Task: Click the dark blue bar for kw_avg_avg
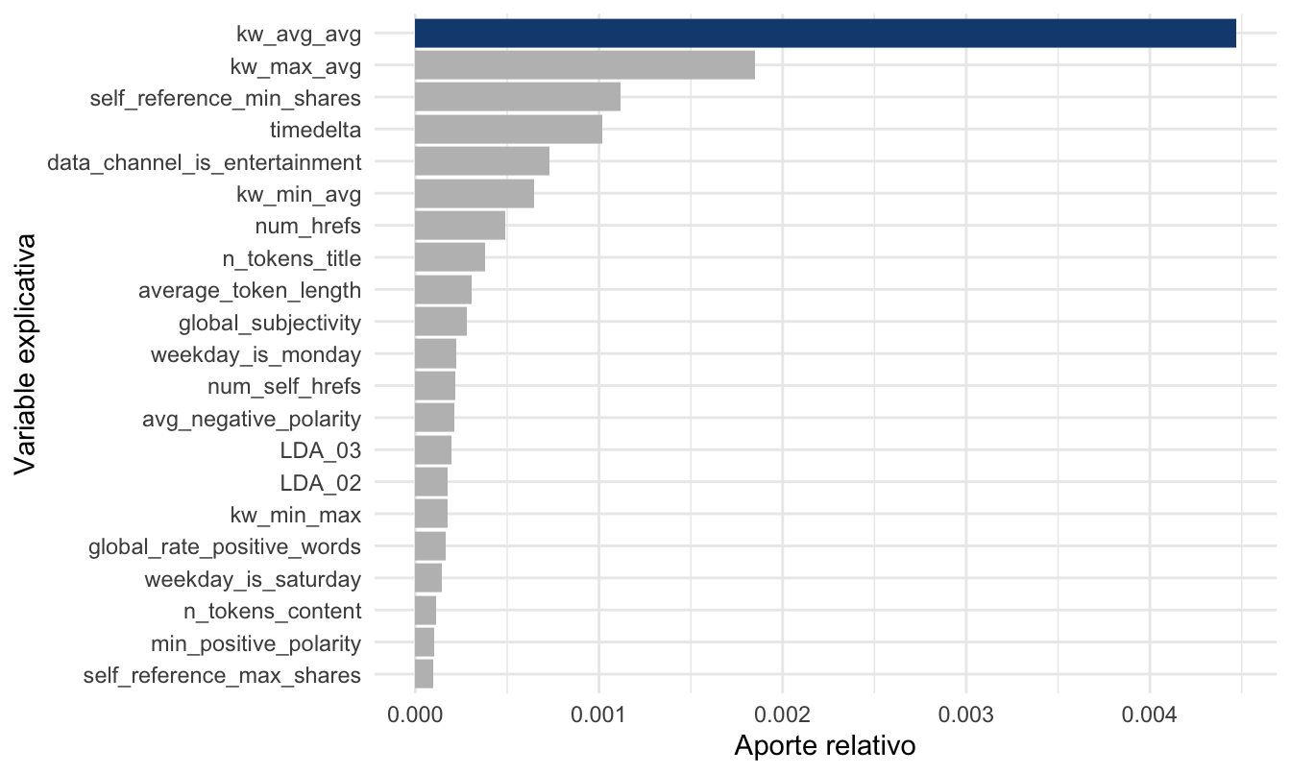[x=824, y=33]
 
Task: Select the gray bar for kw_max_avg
[x=584, y=65]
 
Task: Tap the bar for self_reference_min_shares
[x=517, y=97]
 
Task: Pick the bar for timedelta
[x=508, y=130]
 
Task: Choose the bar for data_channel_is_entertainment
[x=481, y=161]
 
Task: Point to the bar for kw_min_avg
[x=474, y=193]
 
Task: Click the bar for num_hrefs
[x=459, y=226]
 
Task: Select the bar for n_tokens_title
[x=450, y=257]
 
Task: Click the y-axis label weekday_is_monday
[x=256, y=354]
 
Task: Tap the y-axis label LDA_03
[x=320, y=450]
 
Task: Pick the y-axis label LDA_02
[x=320, y=483]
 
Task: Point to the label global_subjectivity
[x=270, y=323]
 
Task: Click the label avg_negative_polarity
[x=252, y=419]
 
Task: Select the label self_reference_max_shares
[x=223, y=675]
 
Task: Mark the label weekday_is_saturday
[x=253, y=579]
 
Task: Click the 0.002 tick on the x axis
[x=782, y=714]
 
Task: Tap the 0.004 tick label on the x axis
[x=1150, y=714]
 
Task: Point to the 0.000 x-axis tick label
[x=414, y=714]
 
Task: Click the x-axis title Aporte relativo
[x=824, y=746]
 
